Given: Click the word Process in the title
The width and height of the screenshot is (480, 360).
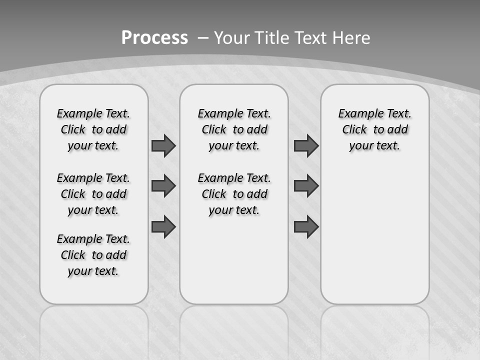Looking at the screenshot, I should (154, 37).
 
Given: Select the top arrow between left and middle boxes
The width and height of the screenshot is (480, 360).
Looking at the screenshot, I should (163, 145).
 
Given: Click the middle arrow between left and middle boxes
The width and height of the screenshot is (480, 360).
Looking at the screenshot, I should (163, 186).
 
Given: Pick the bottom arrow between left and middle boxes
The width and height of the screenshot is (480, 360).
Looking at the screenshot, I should (163, 226).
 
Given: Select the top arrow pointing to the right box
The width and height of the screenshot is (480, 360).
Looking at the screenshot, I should (306, 145).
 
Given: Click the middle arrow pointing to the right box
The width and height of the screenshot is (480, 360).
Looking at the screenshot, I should (306, 186).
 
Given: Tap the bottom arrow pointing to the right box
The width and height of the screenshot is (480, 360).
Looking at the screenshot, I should (306, 226).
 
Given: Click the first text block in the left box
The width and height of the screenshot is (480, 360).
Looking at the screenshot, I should (93, 129).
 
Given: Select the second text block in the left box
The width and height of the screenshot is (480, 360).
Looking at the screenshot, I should (93, 194).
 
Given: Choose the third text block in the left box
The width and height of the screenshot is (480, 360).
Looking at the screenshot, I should (93, 255).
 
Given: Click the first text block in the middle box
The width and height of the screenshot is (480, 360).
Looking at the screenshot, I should (234, 129).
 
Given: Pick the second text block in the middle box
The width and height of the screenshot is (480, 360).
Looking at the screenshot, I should (234, 194).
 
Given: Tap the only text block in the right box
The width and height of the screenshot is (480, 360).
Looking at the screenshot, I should (375, 129).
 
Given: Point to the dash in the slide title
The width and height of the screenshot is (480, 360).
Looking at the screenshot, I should (203, 38).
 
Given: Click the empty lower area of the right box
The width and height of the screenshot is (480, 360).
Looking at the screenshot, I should (375, 235).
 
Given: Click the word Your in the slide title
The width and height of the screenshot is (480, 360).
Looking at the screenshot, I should (232, 38).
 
